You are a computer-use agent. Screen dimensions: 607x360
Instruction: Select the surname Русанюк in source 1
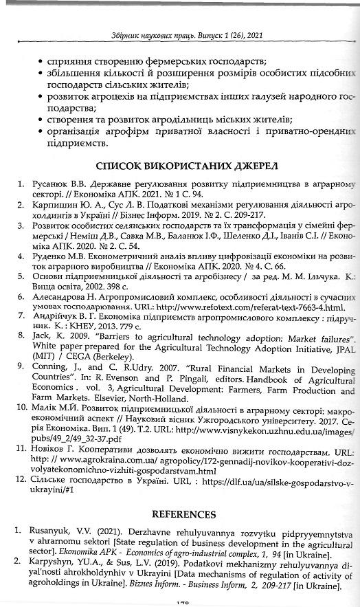click(52, 185)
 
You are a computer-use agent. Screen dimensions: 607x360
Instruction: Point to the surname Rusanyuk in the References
click(55, 533)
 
